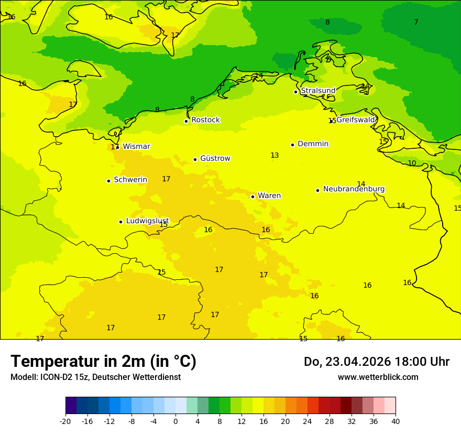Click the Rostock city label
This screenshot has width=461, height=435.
205,120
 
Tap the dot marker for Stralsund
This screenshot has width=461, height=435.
295,92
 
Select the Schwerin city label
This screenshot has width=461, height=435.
130,180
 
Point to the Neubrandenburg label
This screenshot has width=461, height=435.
354,189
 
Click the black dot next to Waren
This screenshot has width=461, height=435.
253,197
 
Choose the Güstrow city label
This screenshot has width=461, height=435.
215,158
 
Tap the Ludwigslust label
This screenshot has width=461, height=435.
147,221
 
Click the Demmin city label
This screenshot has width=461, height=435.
313,144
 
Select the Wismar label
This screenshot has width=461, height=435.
136,146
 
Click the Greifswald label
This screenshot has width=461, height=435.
356,119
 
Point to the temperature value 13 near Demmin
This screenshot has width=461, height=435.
275,156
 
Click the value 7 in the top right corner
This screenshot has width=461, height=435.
416,22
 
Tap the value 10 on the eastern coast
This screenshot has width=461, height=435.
412,164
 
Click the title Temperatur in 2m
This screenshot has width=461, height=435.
103,361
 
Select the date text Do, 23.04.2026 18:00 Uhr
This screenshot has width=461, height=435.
376,362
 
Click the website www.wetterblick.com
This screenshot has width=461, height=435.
378,377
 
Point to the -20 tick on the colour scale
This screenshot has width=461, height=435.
65,421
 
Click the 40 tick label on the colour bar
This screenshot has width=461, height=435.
395,421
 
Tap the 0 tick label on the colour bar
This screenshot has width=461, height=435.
175,421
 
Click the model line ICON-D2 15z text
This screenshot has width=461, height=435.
95,377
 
